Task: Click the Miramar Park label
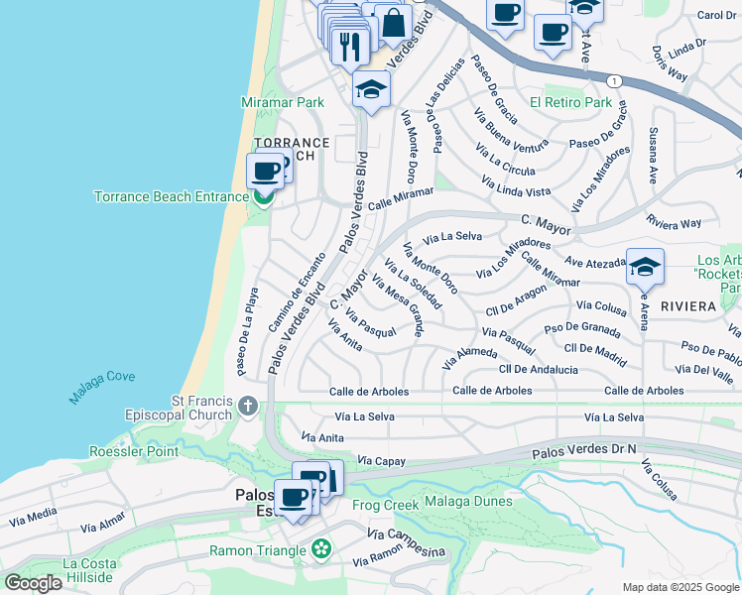283,102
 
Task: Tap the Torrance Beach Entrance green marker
263,196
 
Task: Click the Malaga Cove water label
102,388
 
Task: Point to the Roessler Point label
134,451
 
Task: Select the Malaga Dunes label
468,501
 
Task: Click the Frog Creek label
385,505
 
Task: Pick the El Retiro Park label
570,102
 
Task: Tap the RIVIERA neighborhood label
685,306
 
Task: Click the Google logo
33,583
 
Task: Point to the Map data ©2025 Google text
680,587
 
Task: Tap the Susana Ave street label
653,156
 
